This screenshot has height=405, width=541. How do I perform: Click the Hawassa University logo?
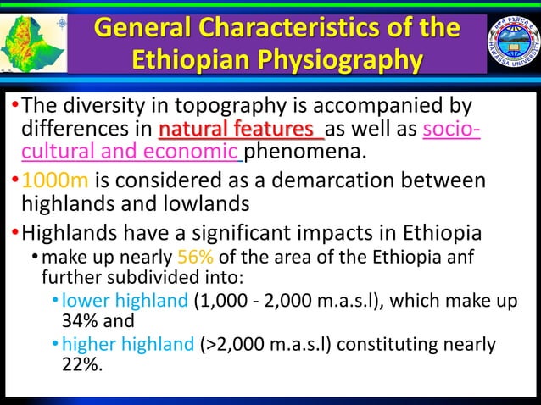(512, 42)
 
